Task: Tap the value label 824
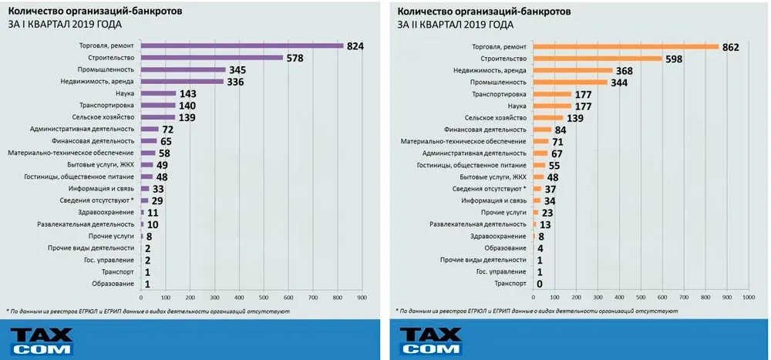tap(355, 46)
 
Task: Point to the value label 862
tap(731, 47)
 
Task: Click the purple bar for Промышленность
tap(183, 69)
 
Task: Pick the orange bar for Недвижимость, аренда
tap(572, 70)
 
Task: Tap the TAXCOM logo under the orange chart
tap(430, 339)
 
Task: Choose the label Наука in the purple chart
tap(125, 93)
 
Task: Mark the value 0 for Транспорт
tap(540, 284)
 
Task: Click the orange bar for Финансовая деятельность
tap(543, 130)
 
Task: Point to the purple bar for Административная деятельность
tap(149, 129)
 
